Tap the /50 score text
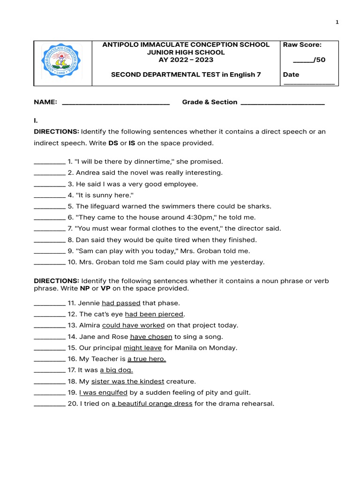[309, 60]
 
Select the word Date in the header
[291, 75]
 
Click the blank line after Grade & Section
[282, 103]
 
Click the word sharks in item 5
[261, 206]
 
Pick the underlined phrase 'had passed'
[121, 303]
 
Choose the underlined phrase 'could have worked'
[133, 325]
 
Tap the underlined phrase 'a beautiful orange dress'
[152, 404]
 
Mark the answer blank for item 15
[49, 348]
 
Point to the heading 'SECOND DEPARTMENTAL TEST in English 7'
[185, 75]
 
